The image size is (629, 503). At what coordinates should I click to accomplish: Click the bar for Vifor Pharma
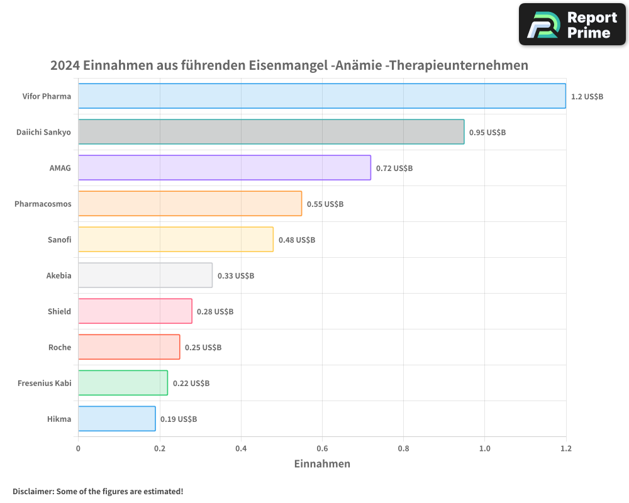click(x=321, y=96)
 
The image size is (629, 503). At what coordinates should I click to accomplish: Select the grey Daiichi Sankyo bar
click(x=271, y=132)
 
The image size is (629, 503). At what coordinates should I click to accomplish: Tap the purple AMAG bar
click(x=225, y=168)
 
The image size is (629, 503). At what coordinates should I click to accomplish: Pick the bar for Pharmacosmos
click(x=190, y=204)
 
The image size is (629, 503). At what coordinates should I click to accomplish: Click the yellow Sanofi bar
click(x=175, y=240)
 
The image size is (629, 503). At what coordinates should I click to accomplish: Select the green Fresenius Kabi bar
click(x=123, y=383)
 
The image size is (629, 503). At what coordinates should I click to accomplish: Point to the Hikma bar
click(x=116, y=419)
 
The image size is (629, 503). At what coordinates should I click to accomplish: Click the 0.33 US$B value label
click(x=236, y=275)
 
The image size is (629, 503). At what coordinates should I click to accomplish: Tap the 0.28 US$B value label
click(x=215, y=311)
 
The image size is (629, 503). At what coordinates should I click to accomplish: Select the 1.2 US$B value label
click(x=587, y=96)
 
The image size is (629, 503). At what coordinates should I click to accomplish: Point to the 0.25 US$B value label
click(x=203, y=347)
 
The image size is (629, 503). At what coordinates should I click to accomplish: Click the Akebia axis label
click(x=58, y=275)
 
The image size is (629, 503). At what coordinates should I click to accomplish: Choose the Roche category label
click(x=60, y=347)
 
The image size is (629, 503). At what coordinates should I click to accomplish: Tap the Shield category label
click(x=59, y=311)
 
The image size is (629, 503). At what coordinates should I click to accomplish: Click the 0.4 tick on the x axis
click(x=241, y=448)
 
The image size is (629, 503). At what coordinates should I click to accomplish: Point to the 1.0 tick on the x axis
click(x=484, y=448)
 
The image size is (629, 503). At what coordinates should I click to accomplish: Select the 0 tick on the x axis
click(x=78, y=448)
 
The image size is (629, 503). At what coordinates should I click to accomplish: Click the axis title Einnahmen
click(x=322, y=464)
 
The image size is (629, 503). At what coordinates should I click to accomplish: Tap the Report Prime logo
click(x=572, y=25)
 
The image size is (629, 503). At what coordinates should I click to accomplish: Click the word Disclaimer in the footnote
click(x=33, y=491)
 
